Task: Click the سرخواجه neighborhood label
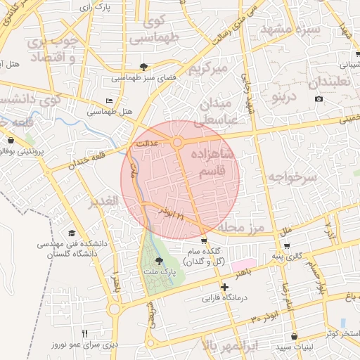291,178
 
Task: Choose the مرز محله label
239,228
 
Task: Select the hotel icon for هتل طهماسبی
108,101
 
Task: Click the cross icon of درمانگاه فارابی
224,287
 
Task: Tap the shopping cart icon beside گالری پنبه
287,245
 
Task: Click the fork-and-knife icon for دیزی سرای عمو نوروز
85,333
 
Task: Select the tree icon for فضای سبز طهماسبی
143,67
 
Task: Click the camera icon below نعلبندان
319,98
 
